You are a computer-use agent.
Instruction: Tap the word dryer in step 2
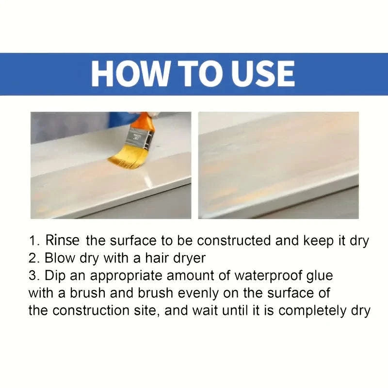click(x=188, y=258)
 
